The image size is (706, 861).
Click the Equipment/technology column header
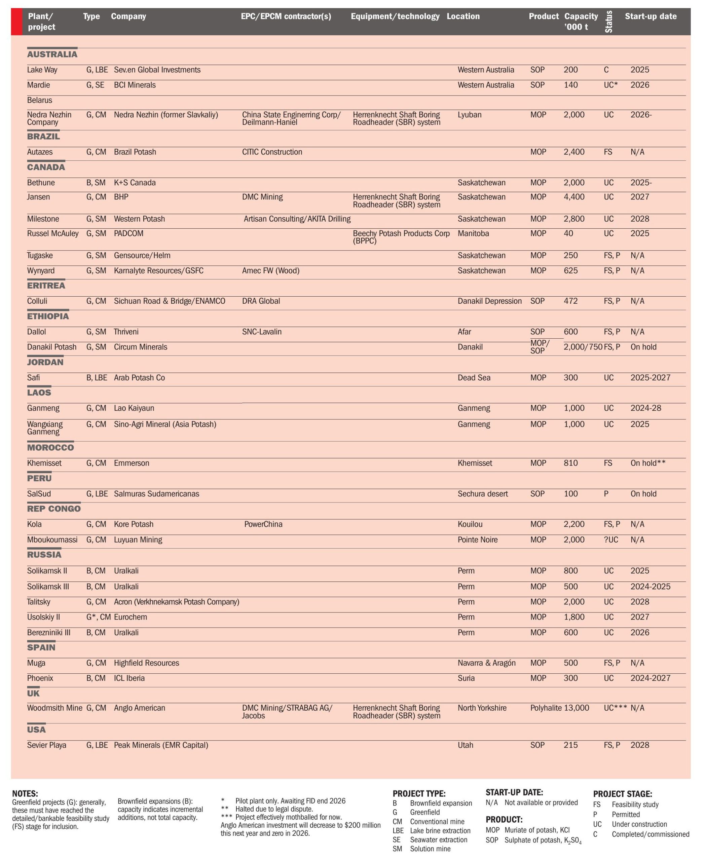(x=395, y=16)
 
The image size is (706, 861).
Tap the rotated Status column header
(x=608, y=22)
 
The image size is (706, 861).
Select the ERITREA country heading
(x=46, y=286)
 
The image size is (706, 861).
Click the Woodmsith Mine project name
(x=54, y=708)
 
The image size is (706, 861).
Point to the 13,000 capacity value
(x=576, y=708)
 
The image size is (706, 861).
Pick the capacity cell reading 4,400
(x=574, y=197)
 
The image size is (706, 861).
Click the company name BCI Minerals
(x=135, y=85)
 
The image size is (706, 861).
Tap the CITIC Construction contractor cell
(x=272, y=152)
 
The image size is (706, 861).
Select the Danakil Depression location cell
(x=489, y=301)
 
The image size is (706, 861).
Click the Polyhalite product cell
(x=545, y=708)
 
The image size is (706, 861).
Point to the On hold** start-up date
(x=648, y=463)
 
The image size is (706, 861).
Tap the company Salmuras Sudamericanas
(x=157, y=494)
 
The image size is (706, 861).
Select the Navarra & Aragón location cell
(x=486, y=663)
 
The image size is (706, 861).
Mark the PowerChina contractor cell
(x=263, y=524)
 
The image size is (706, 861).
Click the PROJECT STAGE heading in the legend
(x=622, y=794)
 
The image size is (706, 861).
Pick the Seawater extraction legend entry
(x=438, y=840)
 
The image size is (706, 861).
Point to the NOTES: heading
(x=25, y=793)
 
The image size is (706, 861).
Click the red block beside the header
(x=17, y=22)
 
